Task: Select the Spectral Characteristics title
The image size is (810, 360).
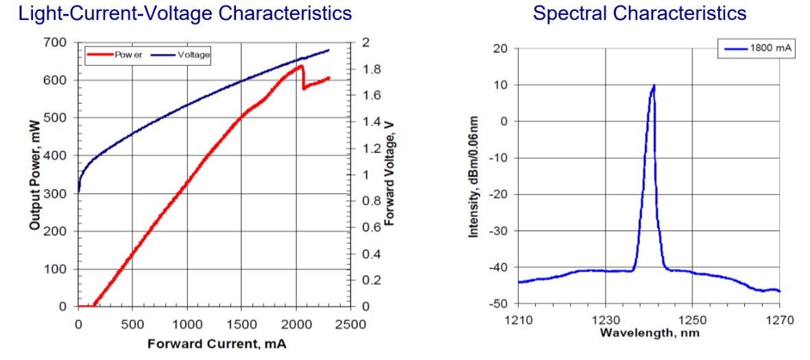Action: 639,13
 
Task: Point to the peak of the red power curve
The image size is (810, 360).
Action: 301,66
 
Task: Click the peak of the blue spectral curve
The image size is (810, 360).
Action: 654,86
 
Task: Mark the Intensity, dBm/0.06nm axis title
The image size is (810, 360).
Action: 473,176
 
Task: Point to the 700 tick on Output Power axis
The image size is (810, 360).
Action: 56,43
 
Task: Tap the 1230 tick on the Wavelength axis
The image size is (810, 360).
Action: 605,320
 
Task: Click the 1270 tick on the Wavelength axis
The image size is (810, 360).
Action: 779,320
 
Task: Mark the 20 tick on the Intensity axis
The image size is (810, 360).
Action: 501,49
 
